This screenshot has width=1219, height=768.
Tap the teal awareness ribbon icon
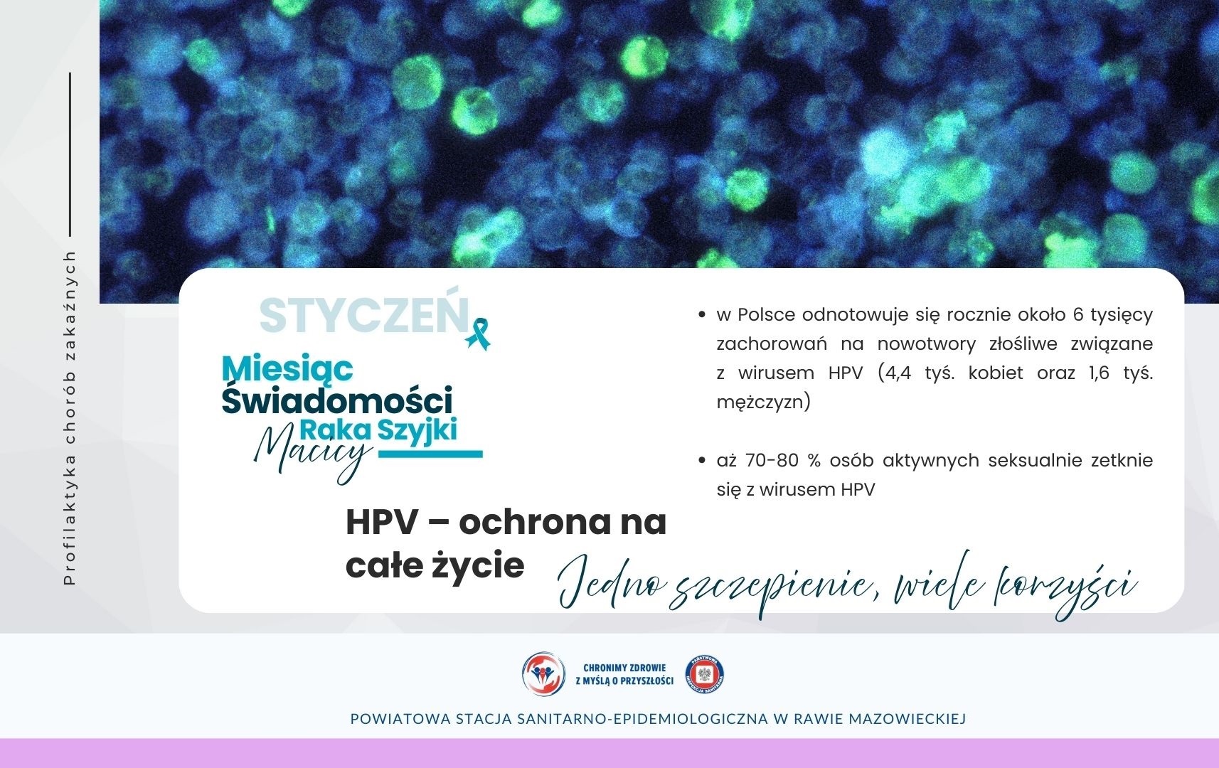pyautogui.click(x=479, y=334)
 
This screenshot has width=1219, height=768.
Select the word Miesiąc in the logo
pyautogui.click(x=287, y=368)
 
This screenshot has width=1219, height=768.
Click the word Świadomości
pyautogui.click(x=337, y=400)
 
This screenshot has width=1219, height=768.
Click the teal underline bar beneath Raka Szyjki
pyautogui.click(x=430, y=454)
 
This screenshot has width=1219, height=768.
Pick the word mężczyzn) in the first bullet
pyautogui.click(x=764, y=402)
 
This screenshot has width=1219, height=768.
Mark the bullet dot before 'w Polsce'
pyautogui.click(x=702, y=314)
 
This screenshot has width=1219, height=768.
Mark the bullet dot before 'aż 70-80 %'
pyautogui.click(x=702, y=461)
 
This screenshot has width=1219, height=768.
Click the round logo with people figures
pyautogui.click(x=543, y=674)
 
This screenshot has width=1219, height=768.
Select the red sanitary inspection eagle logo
pyautogui.click(x=705, y=674)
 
